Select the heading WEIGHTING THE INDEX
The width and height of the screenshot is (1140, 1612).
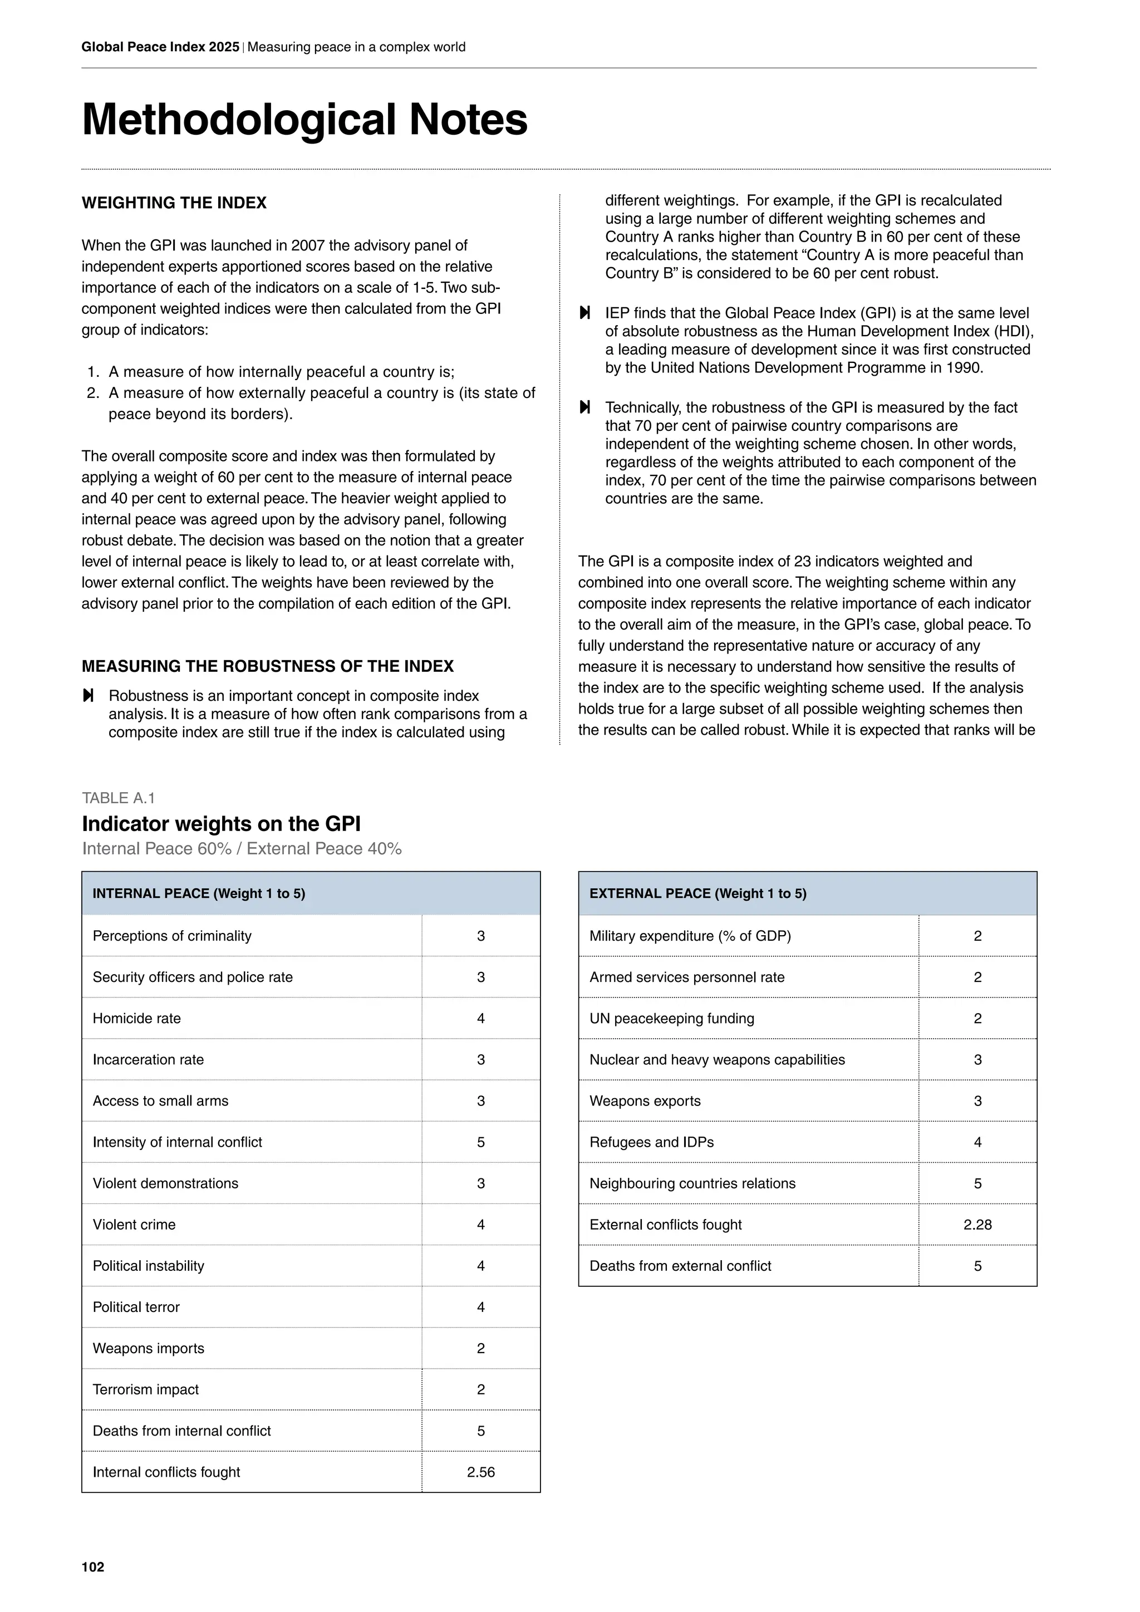(x=174, y=203)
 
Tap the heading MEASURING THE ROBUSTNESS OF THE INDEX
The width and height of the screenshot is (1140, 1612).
(x=267, y=666)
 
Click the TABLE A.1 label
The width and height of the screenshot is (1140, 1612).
(x=118, y=798)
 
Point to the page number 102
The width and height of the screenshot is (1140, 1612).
(x=92, y=1567)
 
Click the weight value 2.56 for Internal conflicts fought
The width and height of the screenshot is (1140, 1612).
(x=481, y=1472)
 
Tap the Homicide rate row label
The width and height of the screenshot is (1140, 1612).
(x=137, y=1018)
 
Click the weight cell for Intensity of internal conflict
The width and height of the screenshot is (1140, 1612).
(x=481, y=1142)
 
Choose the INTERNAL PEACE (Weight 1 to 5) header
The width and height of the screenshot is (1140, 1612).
(x=199, y=894)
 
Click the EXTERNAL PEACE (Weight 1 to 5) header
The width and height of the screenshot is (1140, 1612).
(x=698, y=894)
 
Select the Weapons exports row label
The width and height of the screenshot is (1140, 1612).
(x=645, y=1101)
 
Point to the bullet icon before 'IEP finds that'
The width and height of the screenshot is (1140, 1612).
(x=584, y=313)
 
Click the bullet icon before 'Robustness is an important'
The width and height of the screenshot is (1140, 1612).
(x=88, y=696)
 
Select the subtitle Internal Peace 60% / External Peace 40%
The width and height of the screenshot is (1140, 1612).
(x=242, y=849)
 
